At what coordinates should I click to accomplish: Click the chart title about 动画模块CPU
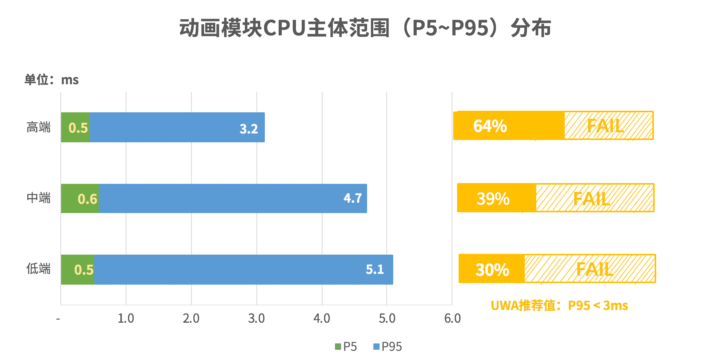tap(365, 28)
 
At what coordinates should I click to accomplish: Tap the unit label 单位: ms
tap(52, 80)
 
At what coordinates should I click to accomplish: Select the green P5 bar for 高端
tap(75, 127)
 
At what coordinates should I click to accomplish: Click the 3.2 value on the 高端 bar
tap(249, 128)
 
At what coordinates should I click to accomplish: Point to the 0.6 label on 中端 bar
tap(87, 199)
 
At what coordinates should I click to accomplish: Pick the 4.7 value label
tap(352, 198)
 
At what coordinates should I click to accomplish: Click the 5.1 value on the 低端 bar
tap(375, 269)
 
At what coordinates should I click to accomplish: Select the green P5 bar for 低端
tap(78, 270)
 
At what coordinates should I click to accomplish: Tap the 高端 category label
tap(38, 127)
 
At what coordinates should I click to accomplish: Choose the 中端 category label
tap(38, 198)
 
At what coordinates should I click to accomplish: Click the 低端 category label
tap(38, 268)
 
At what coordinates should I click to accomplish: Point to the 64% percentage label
tap(490, 126)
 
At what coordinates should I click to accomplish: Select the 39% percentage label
tap(493, 198)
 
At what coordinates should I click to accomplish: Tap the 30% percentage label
tap(492, 270)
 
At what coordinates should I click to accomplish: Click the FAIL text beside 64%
tap(605, 126)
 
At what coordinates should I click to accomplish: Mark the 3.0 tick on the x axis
tap(256, 318)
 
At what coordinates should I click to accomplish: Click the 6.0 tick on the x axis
tap(452, 318)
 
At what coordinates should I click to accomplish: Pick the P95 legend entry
tap(387, 347)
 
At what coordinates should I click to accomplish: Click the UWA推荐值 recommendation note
tap(559, 305)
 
